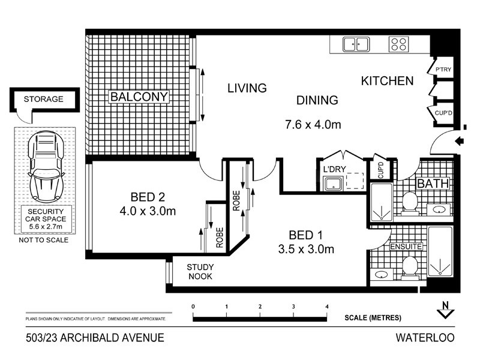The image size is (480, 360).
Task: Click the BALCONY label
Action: pos(139,97)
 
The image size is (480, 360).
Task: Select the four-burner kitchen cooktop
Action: pos(399,44)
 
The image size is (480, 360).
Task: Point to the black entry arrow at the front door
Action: pos(459,142)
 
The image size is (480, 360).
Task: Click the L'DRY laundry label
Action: pos(334,169)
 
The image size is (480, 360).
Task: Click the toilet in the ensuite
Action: pos(411,266)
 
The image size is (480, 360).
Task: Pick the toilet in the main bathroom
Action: pos(410,202)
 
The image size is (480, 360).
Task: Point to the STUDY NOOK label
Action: pos(199,272)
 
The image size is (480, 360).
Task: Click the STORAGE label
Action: pos(43,99)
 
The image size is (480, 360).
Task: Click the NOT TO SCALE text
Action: pos(43,240)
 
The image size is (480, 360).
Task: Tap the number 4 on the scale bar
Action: pos(327,307)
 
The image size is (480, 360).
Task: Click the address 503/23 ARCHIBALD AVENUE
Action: pos(95,338)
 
